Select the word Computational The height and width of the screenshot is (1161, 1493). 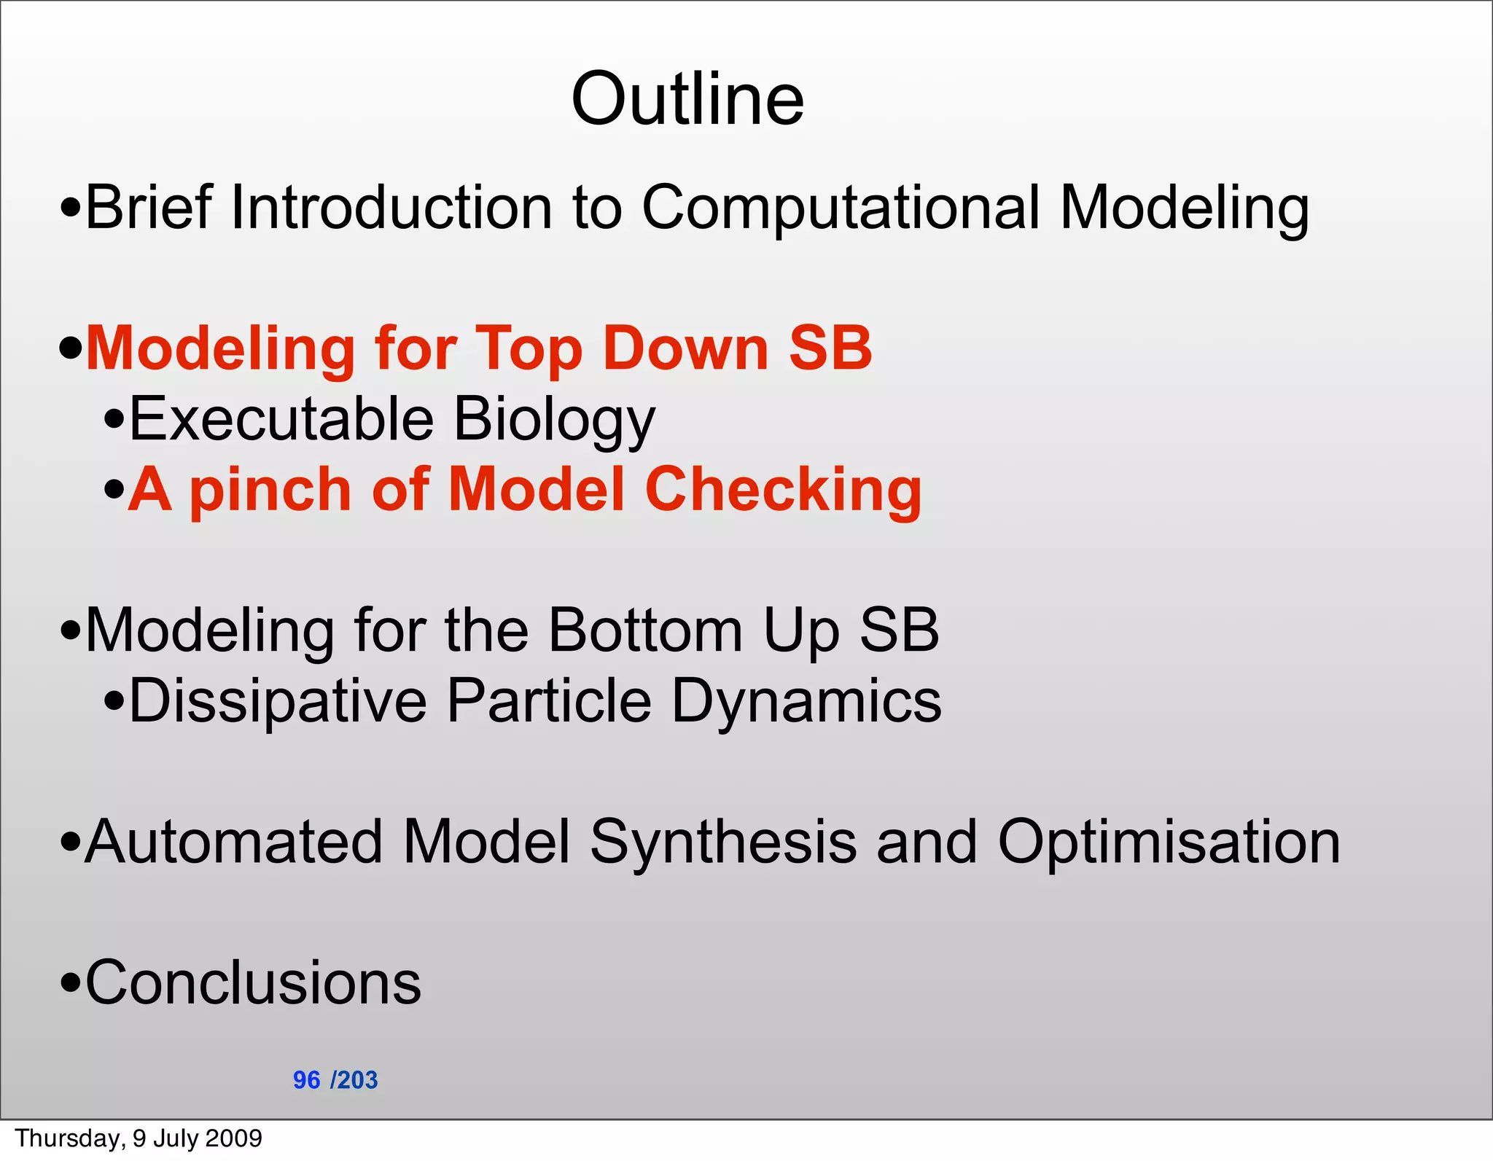tap(841, 208)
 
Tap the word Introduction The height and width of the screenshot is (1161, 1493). tap(391, 207)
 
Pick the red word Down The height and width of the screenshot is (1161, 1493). tap(686, 348)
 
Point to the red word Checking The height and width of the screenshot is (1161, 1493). tap(783, 490)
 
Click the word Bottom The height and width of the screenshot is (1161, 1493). tap(645, 630)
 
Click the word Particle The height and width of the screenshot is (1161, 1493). tap(549, 700)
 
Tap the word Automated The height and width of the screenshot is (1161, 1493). tap(233, 841)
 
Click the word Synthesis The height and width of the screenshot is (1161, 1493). tap(723, 843)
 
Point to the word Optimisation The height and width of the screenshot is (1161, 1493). tap(1169, 843)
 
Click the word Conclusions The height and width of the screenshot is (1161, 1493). tap(253, 982)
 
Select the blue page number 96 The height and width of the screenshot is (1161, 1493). tap(306, 1079)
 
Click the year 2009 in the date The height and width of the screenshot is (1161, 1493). tap(235, 1138)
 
